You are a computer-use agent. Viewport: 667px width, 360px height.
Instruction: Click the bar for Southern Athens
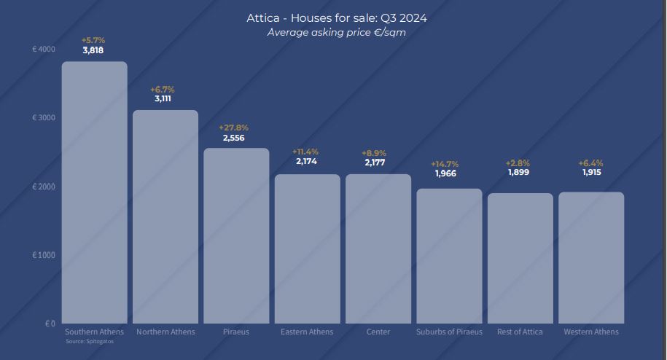pyautogui.click(x=94, y=192)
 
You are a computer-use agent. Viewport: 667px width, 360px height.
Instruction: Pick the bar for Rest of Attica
pyautogui.click(x=520, y=258)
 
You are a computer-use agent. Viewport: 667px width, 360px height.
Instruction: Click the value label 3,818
pyautogui.click(x=93, y=50)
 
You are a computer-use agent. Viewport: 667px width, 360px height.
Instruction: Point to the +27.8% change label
pyautogui.click(x=233, y=128)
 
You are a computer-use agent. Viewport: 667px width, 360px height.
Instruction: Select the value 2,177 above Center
pyautogui.click(x=375, y=163)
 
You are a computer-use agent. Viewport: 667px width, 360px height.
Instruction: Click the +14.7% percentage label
pyautogui.click(x=445, y=164)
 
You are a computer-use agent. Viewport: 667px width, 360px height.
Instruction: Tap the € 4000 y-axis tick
pyautogui.click(x=44, y=49)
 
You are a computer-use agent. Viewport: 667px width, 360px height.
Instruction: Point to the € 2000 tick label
pyautogui.click(x=44, y=187)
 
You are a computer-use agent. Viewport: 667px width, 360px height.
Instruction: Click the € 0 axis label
pyautogui.click(x=50, y=323)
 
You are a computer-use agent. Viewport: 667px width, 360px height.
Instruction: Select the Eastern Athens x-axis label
pyautogui.click(x=307, y=332)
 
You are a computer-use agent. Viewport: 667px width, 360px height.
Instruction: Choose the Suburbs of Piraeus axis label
pyautogui.click(x=449, y=332)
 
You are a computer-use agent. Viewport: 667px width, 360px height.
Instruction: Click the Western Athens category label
pyautogui.click(x=591, y=332)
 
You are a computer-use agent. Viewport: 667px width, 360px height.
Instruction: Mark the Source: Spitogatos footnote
pyautogui.click(x=90, y=341)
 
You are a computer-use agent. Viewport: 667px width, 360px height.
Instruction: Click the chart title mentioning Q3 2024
pyautogui.click(x=337, y=18)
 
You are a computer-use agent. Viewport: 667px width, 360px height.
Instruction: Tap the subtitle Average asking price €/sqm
pyautogui.click(x=336, y=32)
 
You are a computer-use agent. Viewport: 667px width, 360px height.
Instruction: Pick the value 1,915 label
pyautogui.click(x=591, y=173)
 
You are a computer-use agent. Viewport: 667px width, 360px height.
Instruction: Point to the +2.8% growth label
pyautogui.click(x=518, y=163)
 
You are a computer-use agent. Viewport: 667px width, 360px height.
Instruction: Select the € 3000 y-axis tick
pyautogui.click(x=44, y=117)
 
